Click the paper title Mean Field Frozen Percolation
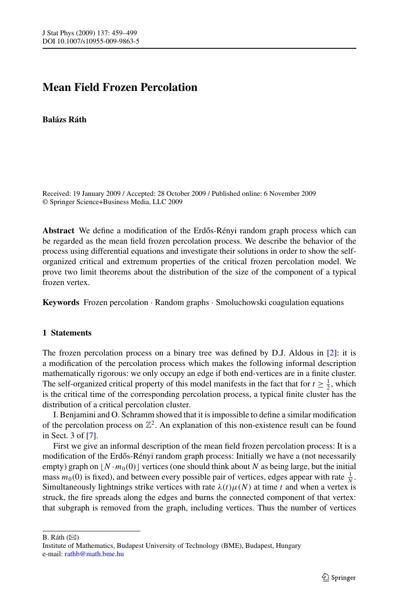[120, 87]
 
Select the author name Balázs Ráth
[64, 120]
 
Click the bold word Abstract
[58, 231]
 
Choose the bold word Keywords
[61, 302]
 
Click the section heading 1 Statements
[67, 333]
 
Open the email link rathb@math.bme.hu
[94, 554]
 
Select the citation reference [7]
[91, 436]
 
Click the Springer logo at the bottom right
[338, 577]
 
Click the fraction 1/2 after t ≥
[328, 384]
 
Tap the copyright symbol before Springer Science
[45, 202]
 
